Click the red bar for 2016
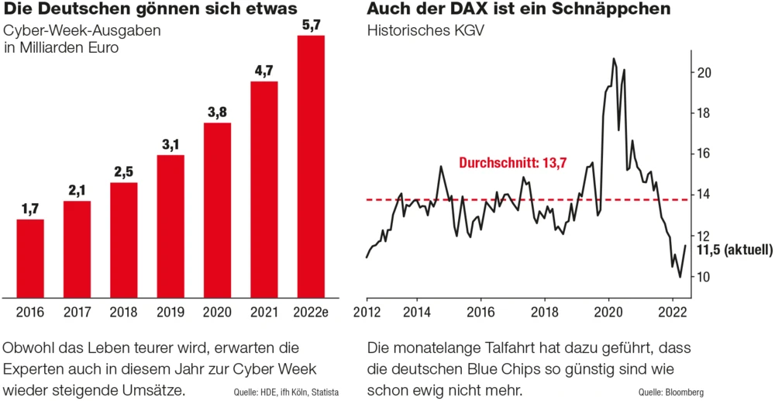(30, 258)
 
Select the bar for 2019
(170, 226)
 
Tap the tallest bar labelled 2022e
(311, 166)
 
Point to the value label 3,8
(217, 112)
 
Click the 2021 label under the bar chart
(264, 313)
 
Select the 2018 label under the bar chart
(124, 313)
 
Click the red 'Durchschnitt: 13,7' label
(513, 164)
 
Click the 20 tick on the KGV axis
(704, 72)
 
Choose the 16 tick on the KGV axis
(704, 154)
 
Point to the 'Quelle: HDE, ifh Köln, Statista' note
(286, 392)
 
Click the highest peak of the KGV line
(614, 58)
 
